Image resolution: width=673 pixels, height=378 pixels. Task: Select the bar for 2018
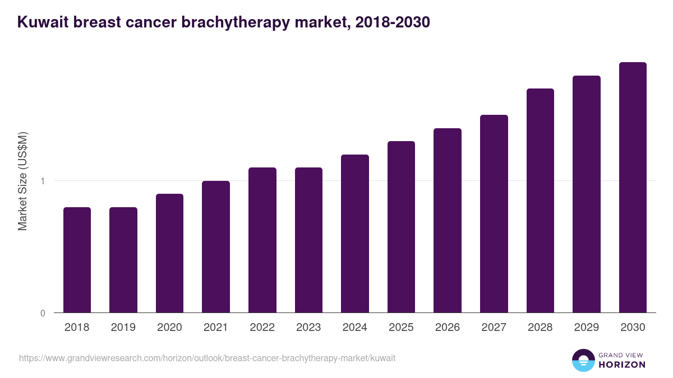click(x=77, y=260)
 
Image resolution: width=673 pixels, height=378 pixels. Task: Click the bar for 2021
click(x=216, y=246)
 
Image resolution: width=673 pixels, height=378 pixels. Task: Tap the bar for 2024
click(x=355, y=234)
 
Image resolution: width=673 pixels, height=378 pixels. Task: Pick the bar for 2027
click(x=494, y=213)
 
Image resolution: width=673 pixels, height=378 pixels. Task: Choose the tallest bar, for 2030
click(x=633, y=187)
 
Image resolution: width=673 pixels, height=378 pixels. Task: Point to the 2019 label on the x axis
click(x=123, y=328)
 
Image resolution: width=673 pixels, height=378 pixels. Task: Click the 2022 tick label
click(x=262, y=328)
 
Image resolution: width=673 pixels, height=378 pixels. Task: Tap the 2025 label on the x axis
click(x=401, y=328)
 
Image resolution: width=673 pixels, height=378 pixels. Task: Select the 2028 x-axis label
click(x=540, y=328)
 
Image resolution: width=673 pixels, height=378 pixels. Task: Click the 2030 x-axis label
click(x=633, y=328)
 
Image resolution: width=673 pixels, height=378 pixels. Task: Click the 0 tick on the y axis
click(x=43, y=313)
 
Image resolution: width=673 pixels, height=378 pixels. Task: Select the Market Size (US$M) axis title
click(x=22, y=181)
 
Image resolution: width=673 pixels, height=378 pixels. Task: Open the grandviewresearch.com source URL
click(x=207, y=358)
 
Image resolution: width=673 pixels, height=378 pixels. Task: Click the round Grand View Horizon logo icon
click(x=583, y=360)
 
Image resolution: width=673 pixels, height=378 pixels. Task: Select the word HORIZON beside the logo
click(x=622, y=365)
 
